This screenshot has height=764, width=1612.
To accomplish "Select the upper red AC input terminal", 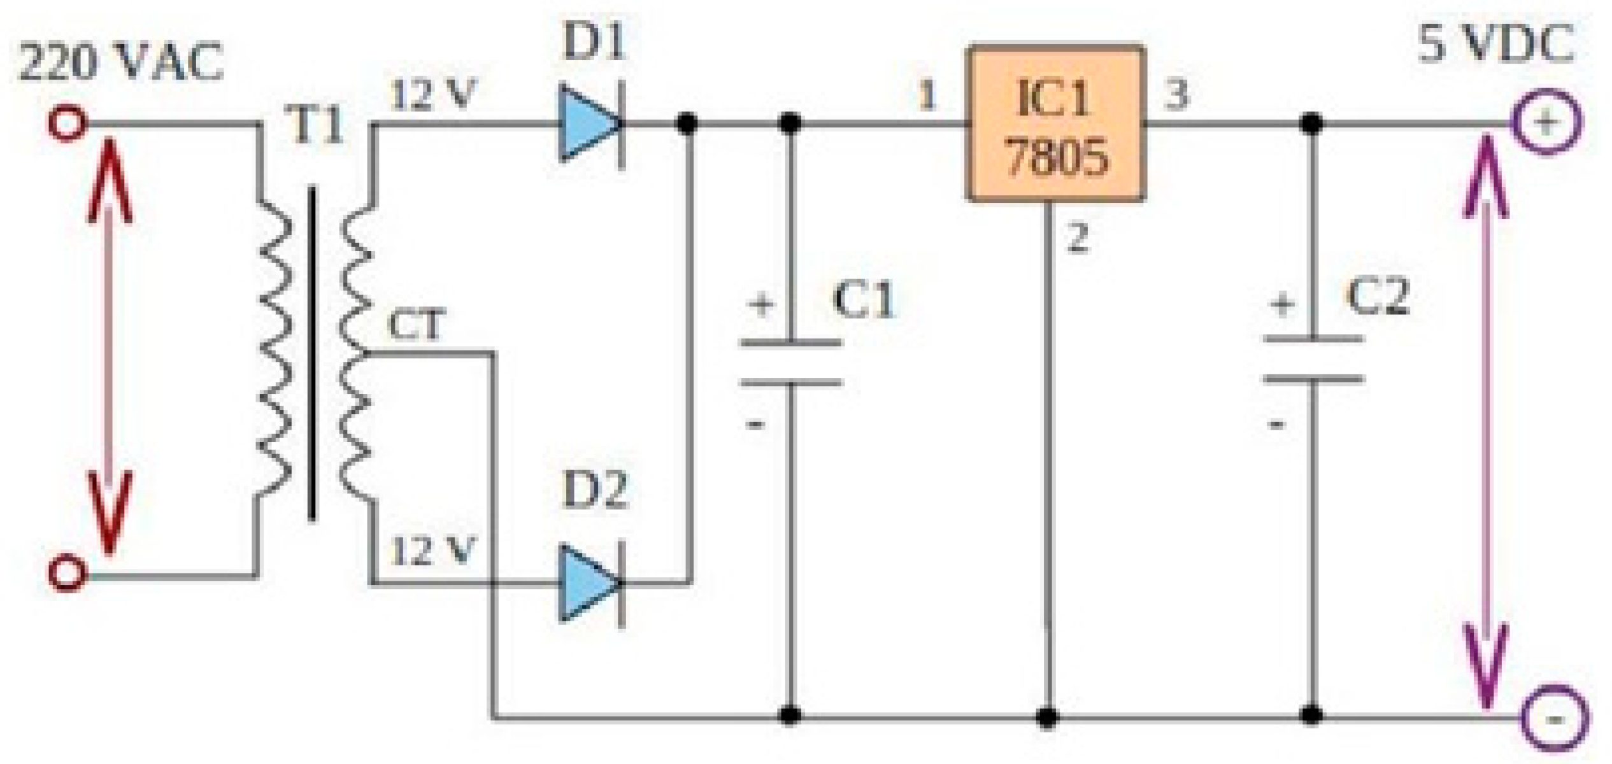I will (66, 124).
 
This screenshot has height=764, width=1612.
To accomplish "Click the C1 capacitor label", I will (864, 299).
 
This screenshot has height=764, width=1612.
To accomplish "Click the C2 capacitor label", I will (1378, 297).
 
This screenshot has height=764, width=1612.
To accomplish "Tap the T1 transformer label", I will (317, 124).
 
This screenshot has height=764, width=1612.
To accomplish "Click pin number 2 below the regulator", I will (1077, 239).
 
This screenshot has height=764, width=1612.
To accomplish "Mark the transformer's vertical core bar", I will (311, 353).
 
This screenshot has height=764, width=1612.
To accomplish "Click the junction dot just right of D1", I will (687, 124).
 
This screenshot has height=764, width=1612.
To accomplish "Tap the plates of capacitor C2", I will (1312, 359).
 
